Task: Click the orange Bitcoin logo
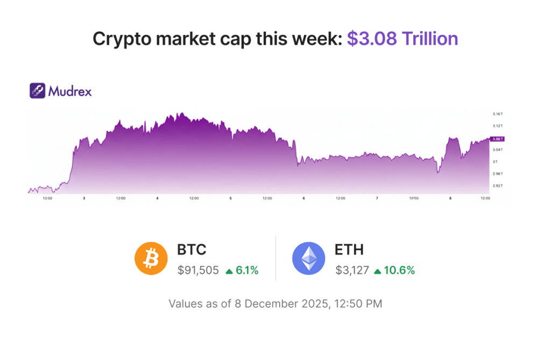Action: (x=151, y=258)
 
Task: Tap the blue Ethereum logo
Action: (x=308, y=258)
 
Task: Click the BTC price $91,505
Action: (x=198, y=271)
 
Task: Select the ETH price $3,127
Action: (x=352, y=271)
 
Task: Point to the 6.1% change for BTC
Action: (x=247, y=271)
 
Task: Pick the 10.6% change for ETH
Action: (x=399, y=271)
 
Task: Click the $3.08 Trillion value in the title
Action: (x=402, y=39)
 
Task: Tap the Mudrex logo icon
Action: (x=37, y=90)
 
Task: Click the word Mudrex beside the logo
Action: (x=70, y=91)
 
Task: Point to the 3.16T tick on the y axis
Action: (x=497, y=114)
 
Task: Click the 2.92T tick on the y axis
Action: (x=497, y=186)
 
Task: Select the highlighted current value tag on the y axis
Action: (x=497, y=139)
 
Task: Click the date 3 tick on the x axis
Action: (x=84, y=198)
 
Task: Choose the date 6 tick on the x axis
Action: (x=303, y=198)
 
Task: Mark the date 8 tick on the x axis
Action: (x=450, y=198)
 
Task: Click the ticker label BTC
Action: (x=192, y=250)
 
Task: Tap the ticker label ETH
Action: (x=349, y=250)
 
